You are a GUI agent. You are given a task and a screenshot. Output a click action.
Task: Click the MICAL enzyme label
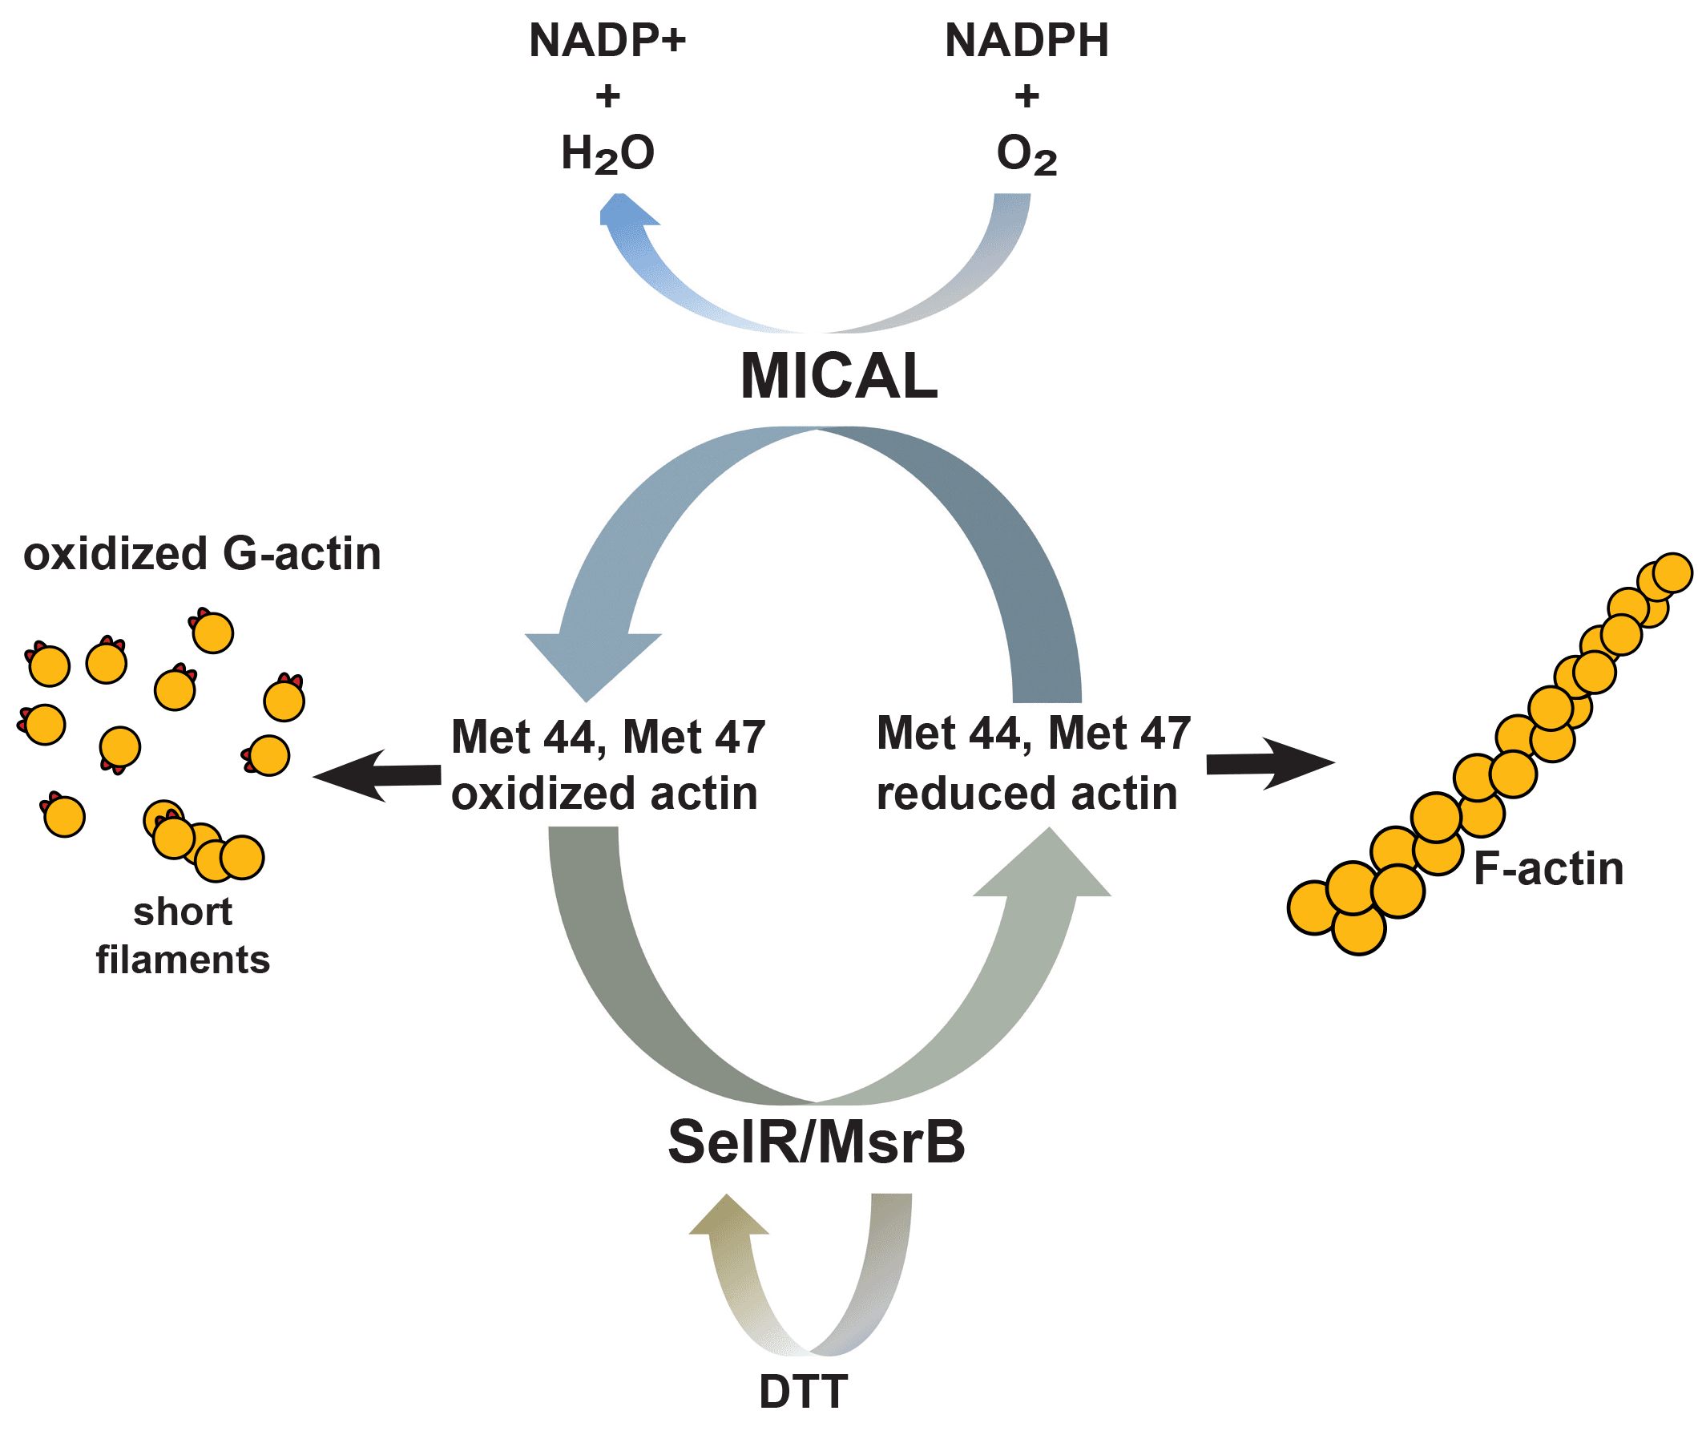pyautogui.click(x=838, y=377)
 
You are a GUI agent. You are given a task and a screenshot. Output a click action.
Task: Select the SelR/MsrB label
pyautogui.click(x=816, y=1142)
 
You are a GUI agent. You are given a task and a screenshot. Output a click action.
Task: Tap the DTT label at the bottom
pyautogui.click(x=803, y=1391)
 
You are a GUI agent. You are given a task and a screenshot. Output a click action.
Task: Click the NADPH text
pyautogui.click(x=1026, y=41)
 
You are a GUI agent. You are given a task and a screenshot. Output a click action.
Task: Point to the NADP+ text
pyautogui.click(x=607, y=41)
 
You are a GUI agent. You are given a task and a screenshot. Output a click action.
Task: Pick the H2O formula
pyautogui.click(x=607, y=154)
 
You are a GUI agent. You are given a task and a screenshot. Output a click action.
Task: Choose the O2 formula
pyautogui.click(x=1026, y=154)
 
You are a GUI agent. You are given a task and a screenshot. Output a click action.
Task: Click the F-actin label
pyautogui.click(x=1547, y=869)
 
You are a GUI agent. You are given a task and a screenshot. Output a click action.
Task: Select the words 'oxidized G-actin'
pyautogui.click(x=202, y=554)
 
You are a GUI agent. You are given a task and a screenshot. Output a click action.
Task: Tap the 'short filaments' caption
pyautogui.click(x=183, y=936)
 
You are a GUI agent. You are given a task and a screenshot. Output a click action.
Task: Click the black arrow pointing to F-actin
pyautogui.click(x=1268, y=763)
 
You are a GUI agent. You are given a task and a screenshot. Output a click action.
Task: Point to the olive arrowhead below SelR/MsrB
pyautogui.click(x=728, y=1217)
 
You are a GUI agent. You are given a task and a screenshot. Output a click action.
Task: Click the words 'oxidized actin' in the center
pyautogui.click(x=604, y=794)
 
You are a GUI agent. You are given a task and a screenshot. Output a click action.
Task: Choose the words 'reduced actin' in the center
pyautogui.click(x=1026, y=794)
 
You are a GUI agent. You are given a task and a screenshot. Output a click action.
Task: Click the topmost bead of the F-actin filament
pyautogui.click(x=1673, y=572)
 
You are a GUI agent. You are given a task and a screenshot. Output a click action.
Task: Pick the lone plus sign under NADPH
pyautogui.click(x=1026, y=96)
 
